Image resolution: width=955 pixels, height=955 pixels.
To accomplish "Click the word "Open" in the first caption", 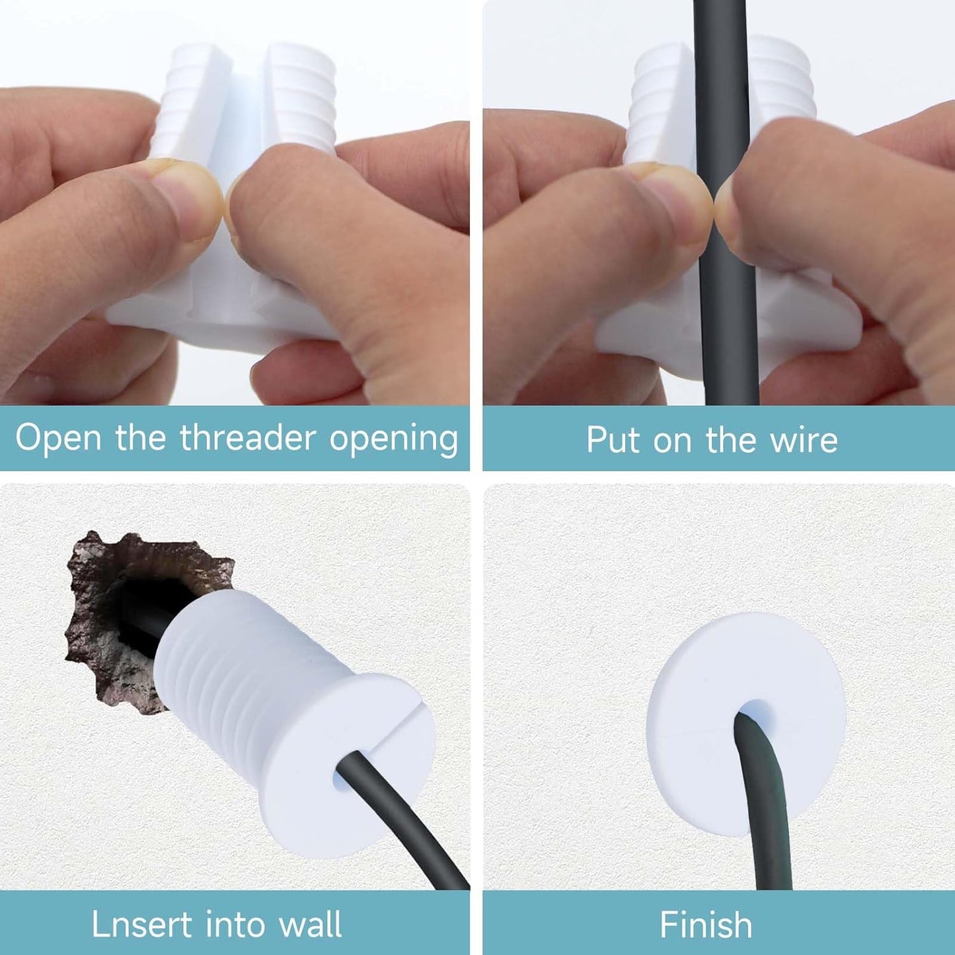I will click(58, 439).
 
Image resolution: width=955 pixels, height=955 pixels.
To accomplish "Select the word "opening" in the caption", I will click(394, 439).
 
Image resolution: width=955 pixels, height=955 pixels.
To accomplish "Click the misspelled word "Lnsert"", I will click(141, 924).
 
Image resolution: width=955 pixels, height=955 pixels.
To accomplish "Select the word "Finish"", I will click(706, 924).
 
